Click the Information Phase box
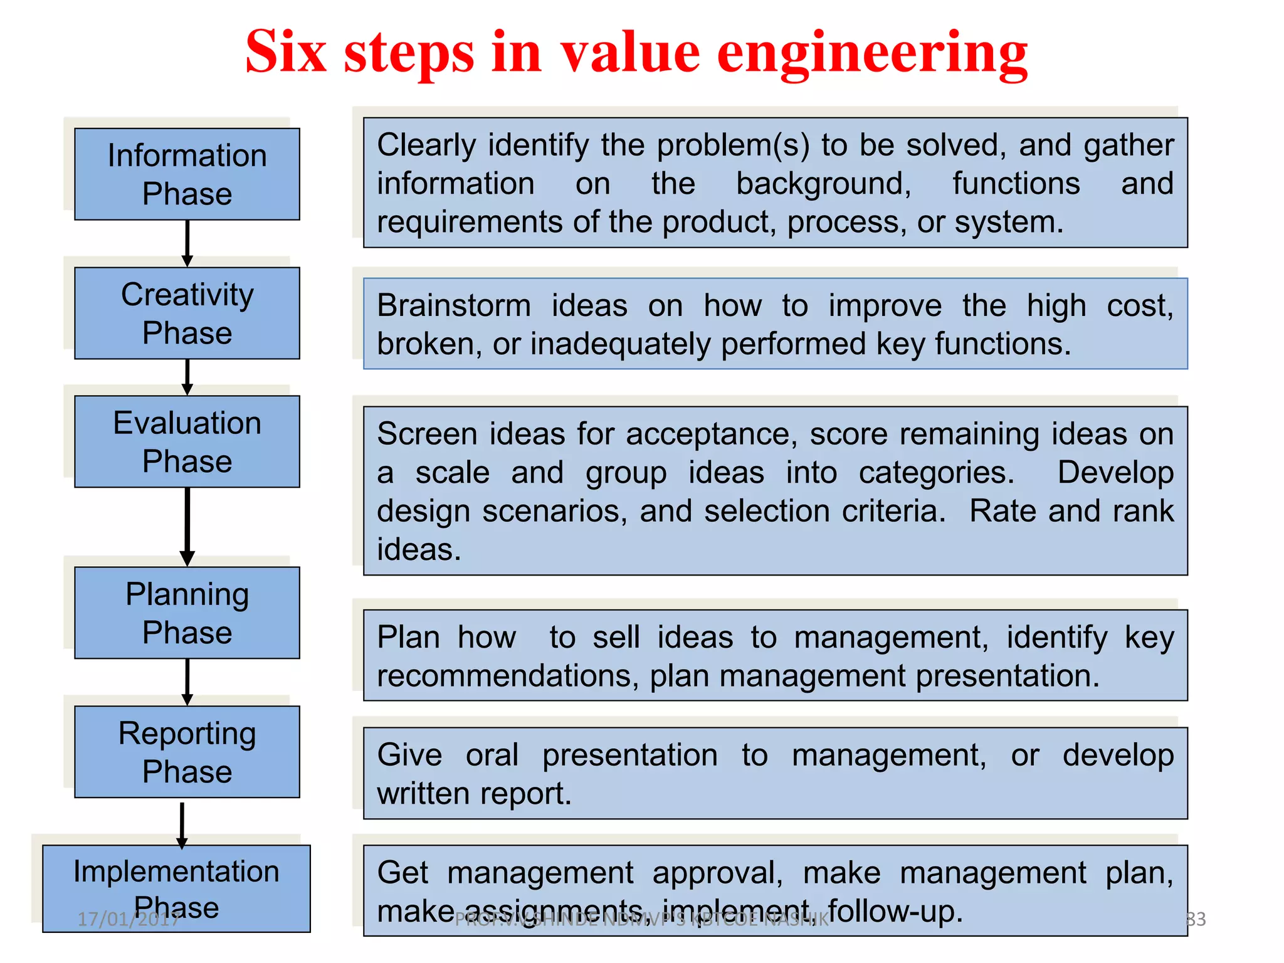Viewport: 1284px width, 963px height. coord(187,174)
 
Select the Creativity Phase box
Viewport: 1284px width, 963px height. coord(187,313)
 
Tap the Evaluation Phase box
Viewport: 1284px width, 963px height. coord(187,441)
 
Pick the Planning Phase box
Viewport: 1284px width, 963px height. coord(187,613)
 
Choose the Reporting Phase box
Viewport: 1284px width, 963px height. coord(187,752)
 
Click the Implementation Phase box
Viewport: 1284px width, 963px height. coord(176,888)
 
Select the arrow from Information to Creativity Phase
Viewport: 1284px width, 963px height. coord(187,243)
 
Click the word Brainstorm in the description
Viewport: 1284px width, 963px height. coord(454,306)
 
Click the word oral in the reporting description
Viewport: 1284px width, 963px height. coord(492,755)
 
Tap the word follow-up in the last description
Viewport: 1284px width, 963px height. coord(895,911)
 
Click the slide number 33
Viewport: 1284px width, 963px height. coord(1196,919)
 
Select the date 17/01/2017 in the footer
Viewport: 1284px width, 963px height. coord(129,919)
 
